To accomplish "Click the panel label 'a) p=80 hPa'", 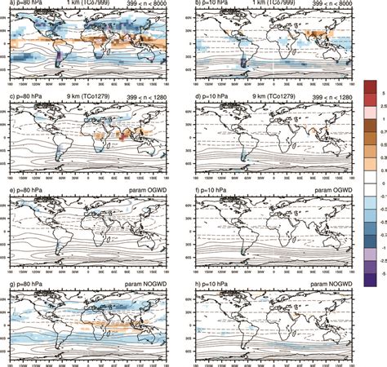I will [x=20, y=5].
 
